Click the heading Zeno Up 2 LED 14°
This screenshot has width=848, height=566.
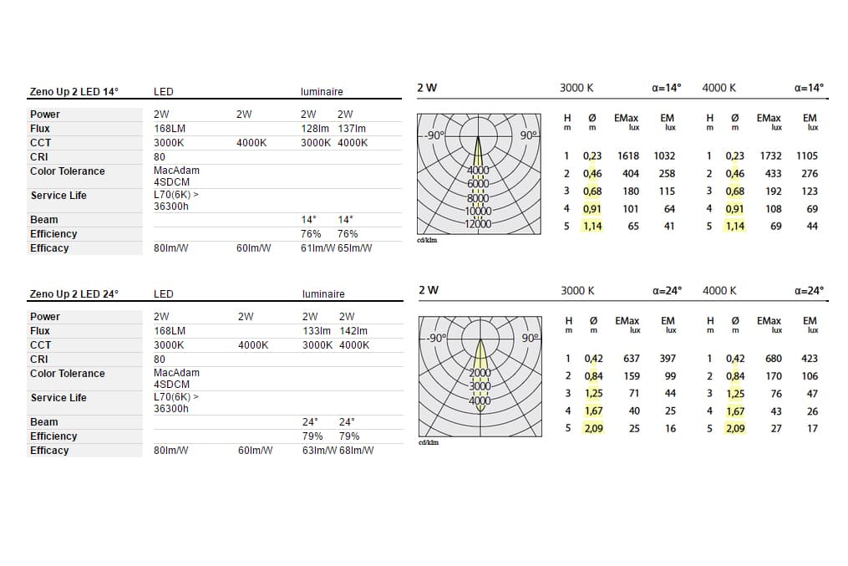[74, 92]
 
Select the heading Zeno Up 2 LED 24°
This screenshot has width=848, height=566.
[74, 294]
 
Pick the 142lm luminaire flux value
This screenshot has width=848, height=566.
[353, 331]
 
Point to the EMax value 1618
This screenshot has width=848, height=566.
[628, 156]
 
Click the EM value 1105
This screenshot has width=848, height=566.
[806, 156]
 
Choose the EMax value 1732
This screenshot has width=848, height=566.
[770, 156]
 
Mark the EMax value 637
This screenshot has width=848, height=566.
[631, 359]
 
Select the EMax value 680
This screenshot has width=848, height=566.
[774, 359]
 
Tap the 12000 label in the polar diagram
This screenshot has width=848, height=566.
[478, 224]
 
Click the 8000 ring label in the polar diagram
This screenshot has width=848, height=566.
[478, 198]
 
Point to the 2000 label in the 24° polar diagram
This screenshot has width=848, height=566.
[479, 374]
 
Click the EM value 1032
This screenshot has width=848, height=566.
[663, 156]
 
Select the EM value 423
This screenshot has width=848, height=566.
[809, 359]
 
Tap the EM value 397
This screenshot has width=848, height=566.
[667, 359]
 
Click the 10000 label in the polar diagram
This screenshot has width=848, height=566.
[478, 212]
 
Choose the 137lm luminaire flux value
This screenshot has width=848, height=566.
[352, 129]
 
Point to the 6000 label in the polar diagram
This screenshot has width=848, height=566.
[478, 184]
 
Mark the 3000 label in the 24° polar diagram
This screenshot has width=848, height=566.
[479, 387]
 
